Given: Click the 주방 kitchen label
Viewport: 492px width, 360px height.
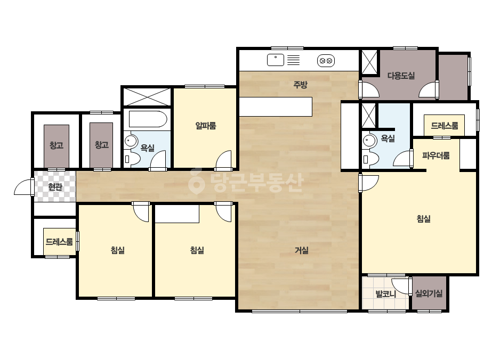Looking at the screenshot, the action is coord(300,85).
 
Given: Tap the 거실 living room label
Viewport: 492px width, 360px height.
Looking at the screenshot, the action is coord(302,250).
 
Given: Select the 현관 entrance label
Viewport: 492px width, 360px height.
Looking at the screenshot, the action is coord(55,187).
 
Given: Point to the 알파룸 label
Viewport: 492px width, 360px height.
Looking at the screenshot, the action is coord(206,126).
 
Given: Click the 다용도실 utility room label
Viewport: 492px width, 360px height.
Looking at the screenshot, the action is coord(401,76).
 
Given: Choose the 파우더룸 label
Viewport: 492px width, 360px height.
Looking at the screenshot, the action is coord(435,156).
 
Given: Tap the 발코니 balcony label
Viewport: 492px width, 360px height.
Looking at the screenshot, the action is coord(385,294).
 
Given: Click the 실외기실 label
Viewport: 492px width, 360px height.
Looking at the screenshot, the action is coord(429,293).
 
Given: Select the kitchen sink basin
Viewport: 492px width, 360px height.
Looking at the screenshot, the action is coord(276,60).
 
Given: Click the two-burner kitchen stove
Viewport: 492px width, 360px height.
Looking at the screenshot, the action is coord(326,61).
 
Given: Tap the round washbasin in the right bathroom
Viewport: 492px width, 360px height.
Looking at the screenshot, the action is coord(369,141).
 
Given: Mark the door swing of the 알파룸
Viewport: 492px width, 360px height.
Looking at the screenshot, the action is coord(224,159).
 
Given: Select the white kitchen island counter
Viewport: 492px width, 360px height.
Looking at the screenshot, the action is coord(276,107).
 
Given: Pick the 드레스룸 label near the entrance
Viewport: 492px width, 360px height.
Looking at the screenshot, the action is coord(59,242).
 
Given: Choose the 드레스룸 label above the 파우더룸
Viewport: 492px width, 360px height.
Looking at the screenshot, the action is coord(445,126).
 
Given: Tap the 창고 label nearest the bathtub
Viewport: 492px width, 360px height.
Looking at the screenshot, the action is coord(102,145).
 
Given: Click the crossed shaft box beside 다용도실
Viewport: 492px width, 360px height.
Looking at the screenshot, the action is coord(369,62).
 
